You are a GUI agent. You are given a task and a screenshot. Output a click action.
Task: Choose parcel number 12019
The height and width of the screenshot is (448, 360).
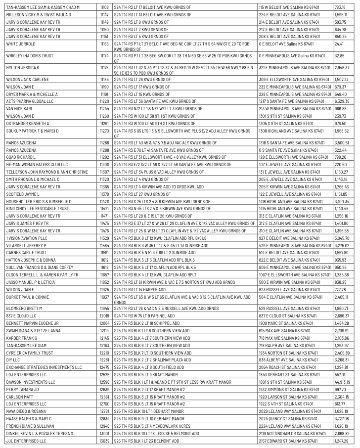click(x=104, y=315)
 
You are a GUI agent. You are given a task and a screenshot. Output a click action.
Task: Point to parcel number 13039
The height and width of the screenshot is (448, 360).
click(x=104, y=441)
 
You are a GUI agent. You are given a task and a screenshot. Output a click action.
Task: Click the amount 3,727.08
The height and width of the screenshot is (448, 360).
click(x=341, y=418)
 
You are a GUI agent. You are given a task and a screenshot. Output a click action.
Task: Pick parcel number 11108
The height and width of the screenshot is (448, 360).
click(x=104, y=7)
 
